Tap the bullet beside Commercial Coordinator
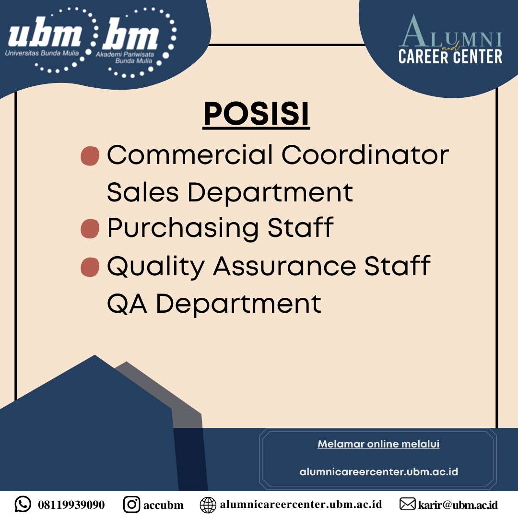click(90, 156)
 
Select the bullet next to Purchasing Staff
click(90, 228)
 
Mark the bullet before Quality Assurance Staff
click(90, 267)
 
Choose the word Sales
click(143, 192)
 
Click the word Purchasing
click(183, 228)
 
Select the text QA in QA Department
click(127, 304)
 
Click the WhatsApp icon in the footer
click(23, 504)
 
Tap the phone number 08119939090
click(71, 505)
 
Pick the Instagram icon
click(131, 504)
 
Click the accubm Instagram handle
click(164, 505)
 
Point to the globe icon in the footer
click(208, 505)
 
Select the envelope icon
click(408, 504)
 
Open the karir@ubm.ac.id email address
click(458, 505)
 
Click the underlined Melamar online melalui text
click(378, 444)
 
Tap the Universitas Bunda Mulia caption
click(42, 53)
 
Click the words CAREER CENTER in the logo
click(450, 56)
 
